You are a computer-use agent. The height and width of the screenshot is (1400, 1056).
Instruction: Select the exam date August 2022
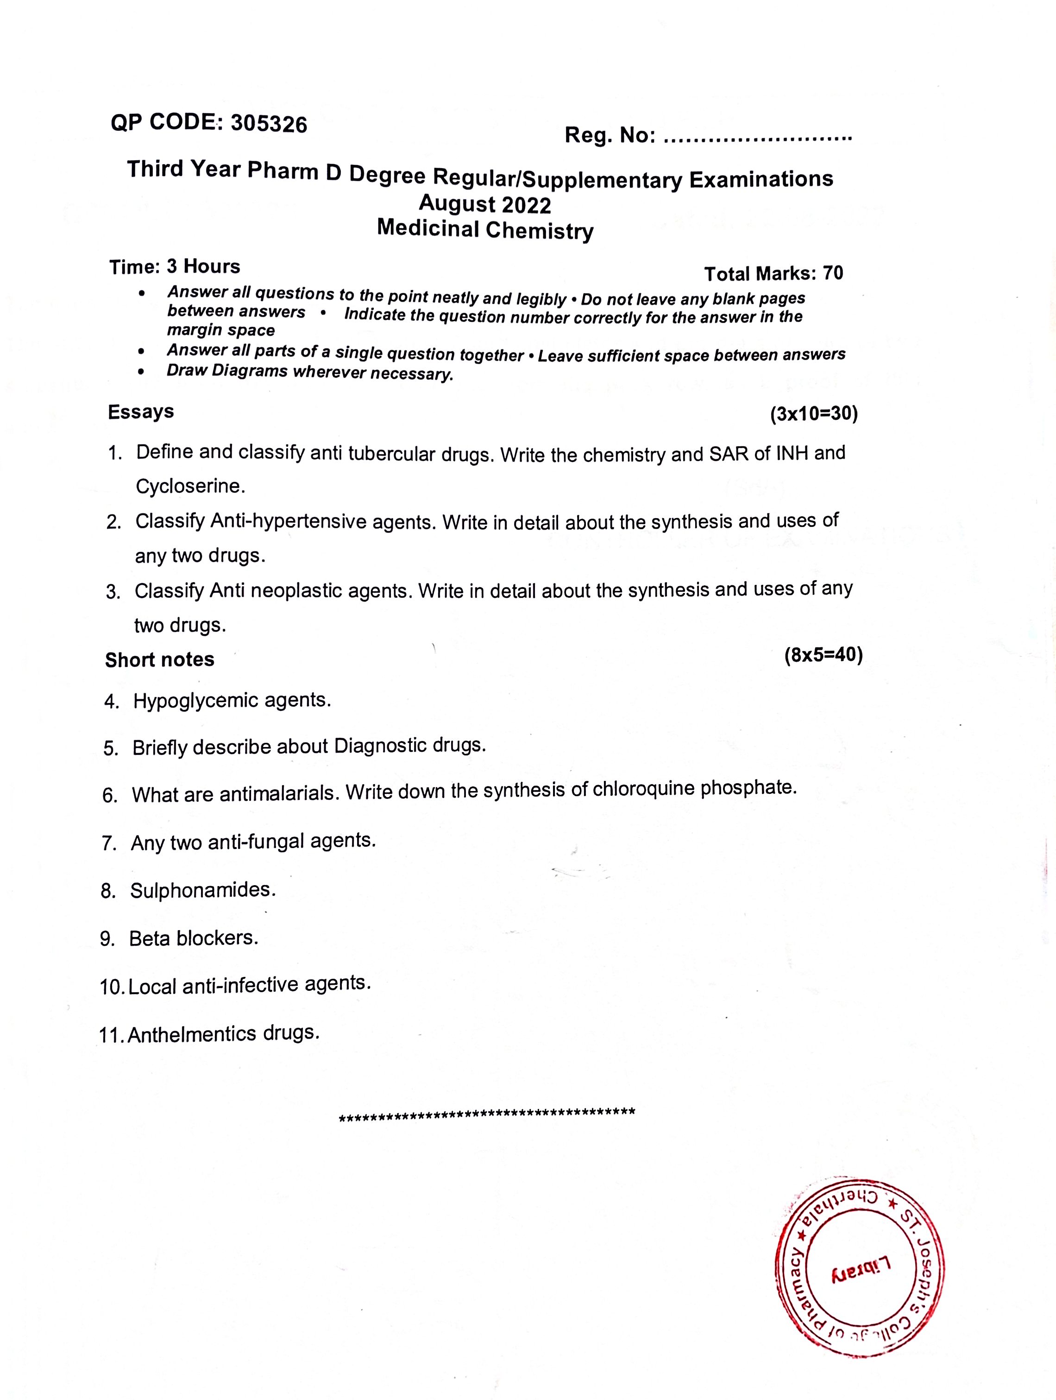coord(484,204)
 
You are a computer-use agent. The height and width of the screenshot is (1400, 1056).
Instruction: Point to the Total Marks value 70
coord(833,273)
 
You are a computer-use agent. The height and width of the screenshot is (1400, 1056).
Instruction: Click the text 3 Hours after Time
coord(203,266)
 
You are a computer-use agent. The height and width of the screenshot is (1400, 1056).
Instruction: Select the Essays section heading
coord(140,412)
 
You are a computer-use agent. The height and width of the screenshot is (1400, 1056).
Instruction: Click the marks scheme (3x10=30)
coord(814,415)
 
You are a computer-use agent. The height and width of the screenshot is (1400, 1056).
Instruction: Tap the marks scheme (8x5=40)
coord(823,655)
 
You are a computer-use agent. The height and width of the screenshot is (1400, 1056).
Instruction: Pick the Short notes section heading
coord(159,660)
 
